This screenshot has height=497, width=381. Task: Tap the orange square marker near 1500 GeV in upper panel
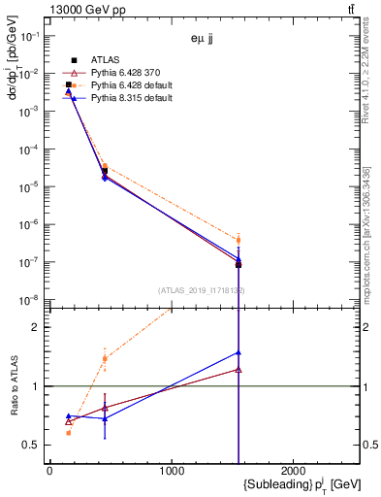click(x=238, y=240)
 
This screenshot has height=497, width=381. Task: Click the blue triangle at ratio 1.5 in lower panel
click(x=238, y=352)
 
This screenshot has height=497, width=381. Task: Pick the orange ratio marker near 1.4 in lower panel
click(x=105, y=358)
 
